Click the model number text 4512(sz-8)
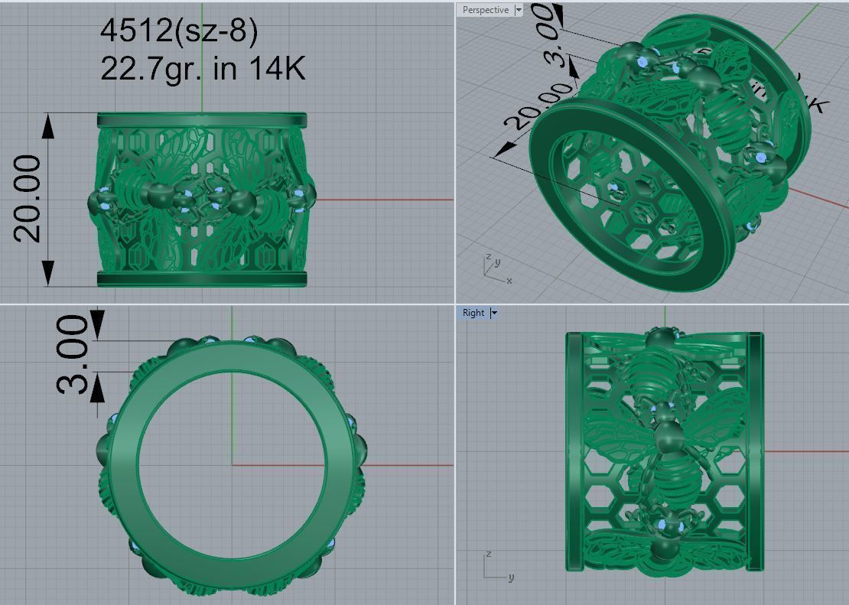pos(179,31)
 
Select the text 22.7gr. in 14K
pos(203,69)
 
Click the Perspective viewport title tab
pos(485,10)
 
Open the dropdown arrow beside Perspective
pos(519,10)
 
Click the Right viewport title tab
pos(473,313)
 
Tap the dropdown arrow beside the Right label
pos(494,313)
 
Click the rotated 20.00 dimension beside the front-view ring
pos(28,198)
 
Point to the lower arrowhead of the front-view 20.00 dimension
pos(48,272)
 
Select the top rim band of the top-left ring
pos(201,120)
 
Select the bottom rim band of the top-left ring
pos(201,279)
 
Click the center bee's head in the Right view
pos(668,436)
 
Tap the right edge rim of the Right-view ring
pos(755,451)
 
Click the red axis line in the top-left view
pos(382,200)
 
